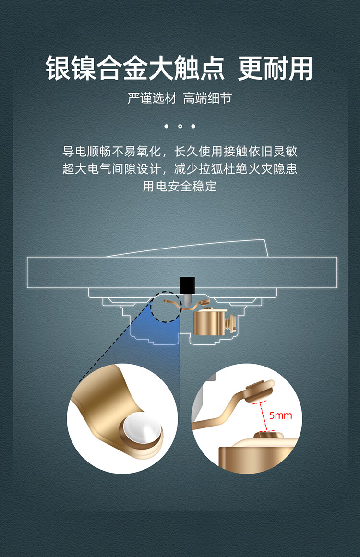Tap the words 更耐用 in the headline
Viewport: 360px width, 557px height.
275,68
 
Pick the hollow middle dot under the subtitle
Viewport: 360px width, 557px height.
180,126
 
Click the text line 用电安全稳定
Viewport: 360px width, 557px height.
180,187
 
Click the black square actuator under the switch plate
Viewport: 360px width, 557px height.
187,285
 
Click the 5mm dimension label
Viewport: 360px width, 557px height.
280,415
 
